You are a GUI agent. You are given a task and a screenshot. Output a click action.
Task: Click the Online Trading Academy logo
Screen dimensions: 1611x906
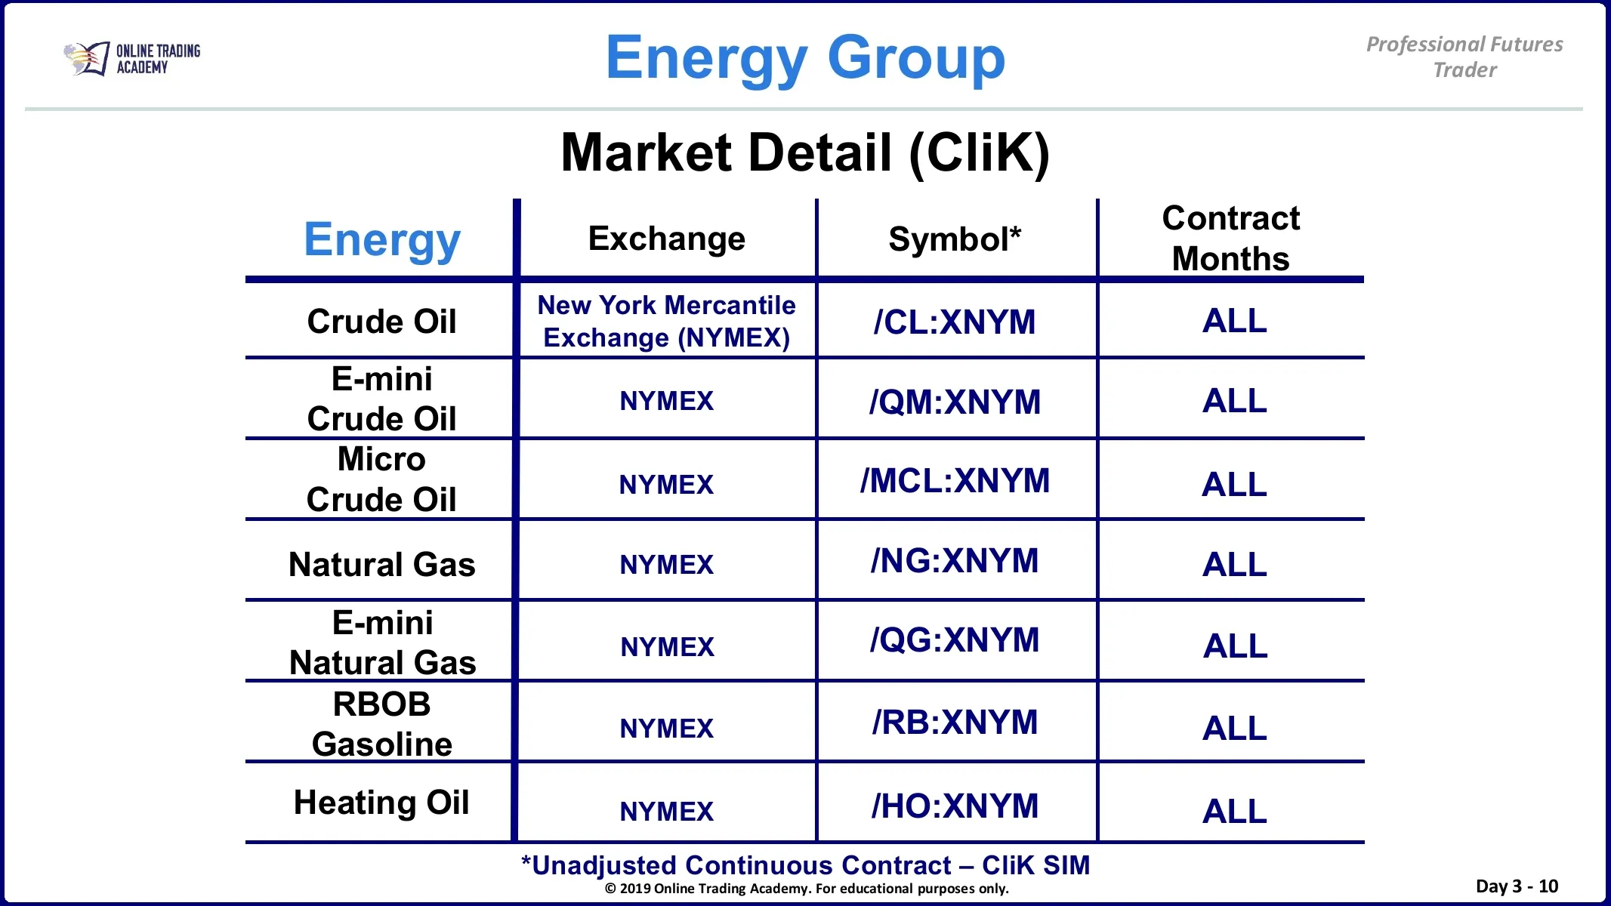pos(132,59)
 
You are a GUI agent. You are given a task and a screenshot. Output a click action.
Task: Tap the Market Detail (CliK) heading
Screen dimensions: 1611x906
pos(805,153)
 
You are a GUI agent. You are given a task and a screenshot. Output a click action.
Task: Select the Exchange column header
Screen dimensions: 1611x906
pos(667,239)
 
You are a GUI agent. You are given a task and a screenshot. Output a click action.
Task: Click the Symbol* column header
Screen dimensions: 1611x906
pos(955,239)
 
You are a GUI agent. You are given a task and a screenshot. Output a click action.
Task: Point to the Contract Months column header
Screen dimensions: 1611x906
pos(1231,238)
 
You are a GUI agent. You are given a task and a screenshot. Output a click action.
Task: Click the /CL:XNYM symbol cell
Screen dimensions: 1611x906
pos(955,322)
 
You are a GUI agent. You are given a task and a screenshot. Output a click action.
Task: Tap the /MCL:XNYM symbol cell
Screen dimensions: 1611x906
pos(955,481)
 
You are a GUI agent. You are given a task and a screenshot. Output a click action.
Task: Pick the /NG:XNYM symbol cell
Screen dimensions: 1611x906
pos(955,561)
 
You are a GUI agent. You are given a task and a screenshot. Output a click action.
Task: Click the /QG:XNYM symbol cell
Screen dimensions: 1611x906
pos(955,640)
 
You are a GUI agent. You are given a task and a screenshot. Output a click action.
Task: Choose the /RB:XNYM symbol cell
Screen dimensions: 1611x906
pos(955,723)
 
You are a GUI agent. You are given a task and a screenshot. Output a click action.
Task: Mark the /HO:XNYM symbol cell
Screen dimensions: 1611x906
pos(955,806)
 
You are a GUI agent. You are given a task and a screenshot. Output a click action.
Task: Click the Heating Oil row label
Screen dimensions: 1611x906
pos(381,803)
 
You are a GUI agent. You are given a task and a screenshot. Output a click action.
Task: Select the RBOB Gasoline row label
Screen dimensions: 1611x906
pos(382,724)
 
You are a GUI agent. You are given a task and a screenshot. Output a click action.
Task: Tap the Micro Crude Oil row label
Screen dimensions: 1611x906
pos(381,479)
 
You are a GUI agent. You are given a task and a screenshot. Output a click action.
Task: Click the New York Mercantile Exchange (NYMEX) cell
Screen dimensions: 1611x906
pos(667,321)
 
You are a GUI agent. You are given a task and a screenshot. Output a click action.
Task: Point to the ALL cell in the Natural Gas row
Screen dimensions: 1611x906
pos(1235,565)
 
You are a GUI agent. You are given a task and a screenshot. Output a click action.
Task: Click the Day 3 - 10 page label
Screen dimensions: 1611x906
pos(1517,886)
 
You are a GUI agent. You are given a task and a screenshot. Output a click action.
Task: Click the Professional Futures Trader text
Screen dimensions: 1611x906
pos(1464,57)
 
